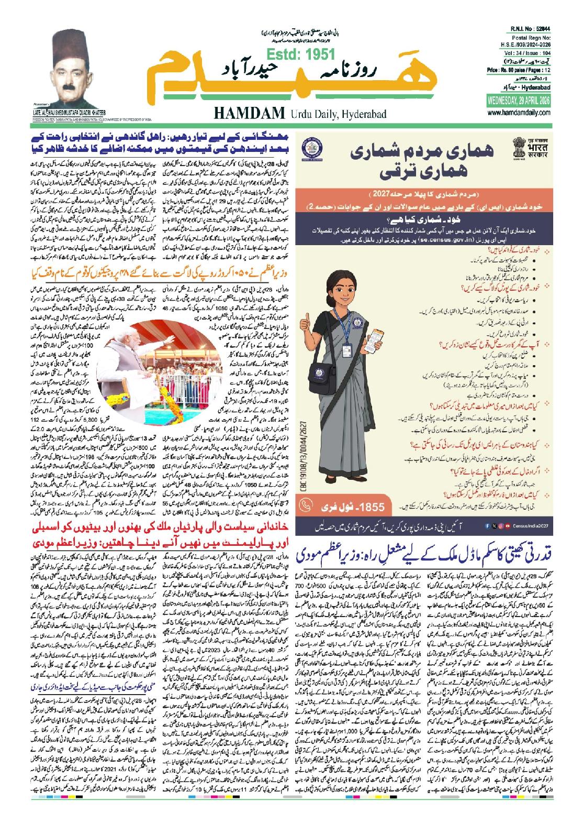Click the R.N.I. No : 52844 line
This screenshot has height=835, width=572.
(533, 32)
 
